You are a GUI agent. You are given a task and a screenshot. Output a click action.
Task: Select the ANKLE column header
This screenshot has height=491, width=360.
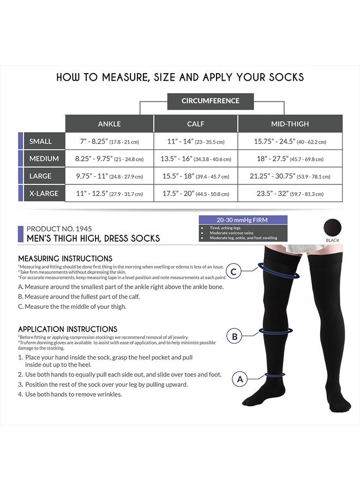109,123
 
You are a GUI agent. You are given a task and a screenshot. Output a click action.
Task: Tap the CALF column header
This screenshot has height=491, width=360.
195,123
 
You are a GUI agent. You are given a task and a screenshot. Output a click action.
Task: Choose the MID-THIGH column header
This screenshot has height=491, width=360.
290,123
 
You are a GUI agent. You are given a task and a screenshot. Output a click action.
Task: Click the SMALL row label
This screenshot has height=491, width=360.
41,141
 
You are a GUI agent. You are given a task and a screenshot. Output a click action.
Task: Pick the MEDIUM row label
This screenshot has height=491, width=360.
41,159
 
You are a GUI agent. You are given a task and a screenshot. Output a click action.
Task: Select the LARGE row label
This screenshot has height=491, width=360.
41,176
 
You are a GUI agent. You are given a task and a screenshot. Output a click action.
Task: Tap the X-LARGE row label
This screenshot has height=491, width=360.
41,194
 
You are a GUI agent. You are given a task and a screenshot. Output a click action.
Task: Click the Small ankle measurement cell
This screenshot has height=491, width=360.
109,141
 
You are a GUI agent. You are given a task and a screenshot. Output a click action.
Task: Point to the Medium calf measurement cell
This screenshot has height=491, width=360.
195,159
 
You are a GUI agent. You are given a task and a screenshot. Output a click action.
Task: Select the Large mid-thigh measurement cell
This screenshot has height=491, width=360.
290,176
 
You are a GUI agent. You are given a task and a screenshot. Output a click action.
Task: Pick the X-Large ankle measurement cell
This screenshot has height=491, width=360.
109,194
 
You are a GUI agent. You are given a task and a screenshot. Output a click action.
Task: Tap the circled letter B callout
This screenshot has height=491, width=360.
235,337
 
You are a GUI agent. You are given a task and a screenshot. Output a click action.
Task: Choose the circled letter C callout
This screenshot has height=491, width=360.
234,271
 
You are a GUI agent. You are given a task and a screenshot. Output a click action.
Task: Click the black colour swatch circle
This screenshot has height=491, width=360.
332,226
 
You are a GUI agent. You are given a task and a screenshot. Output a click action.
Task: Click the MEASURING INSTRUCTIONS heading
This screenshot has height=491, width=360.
65,258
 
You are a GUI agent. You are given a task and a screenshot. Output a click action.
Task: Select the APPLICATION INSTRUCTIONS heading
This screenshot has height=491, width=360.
68,329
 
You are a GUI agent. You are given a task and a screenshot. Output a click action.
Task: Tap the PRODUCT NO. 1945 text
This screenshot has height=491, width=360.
61,229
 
